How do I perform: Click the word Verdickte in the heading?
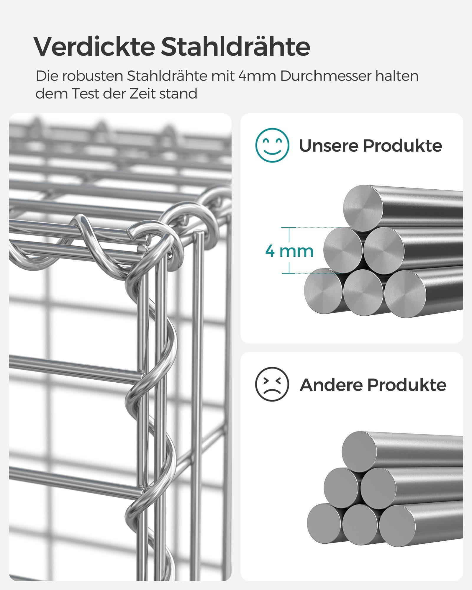coord(94,47)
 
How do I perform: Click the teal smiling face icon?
coord(272,145)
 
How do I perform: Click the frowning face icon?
coord(272,384)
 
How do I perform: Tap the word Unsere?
coord(329,145)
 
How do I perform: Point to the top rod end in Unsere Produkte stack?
coord(363,208)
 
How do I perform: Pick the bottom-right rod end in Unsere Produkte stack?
coord(405,294)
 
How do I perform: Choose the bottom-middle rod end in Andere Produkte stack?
coord(360,524)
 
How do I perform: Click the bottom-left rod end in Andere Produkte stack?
coord(324,523)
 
